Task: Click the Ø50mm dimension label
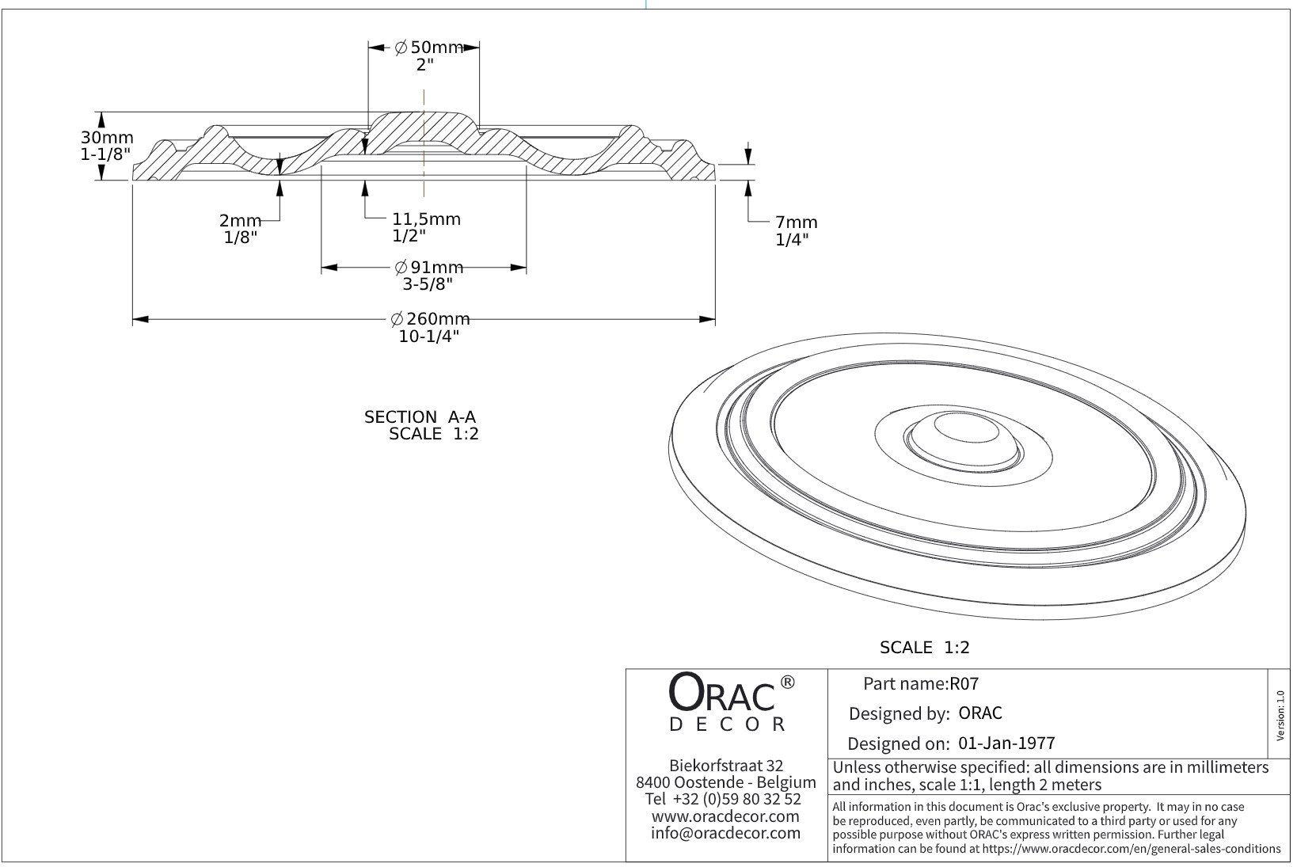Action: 428,48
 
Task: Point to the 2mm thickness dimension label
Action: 240,222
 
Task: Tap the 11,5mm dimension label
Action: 426,219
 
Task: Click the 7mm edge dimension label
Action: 796,222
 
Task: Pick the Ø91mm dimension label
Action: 428,268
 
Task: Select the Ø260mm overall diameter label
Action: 430,319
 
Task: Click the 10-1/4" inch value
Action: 429,337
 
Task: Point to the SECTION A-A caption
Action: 420,417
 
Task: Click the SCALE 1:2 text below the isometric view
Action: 924,648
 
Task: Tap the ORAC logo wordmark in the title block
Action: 722,694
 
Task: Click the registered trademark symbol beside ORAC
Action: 787,682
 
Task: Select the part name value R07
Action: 964,684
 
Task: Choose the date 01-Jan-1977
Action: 1006,743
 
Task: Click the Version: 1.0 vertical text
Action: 1280,715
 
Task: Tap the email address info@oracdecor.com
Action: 725,833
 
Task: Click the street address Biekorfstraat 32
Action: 725,766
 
